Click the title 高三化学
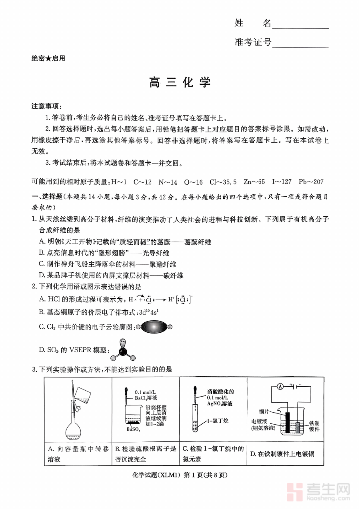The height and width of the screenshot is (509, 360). click(180, 83)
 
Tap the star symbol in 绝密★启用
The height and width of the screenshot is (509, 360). click(48, 58)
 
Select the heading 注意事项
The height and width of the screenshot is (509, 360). click(46, 106)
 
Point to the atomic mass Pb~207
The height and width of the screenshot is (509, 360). click(311, 182)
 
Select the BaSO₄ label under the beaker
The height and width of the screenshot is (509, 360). click(133, 441)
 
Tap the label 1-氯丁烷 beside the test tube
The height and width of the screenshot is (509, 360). click(218, 421)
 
